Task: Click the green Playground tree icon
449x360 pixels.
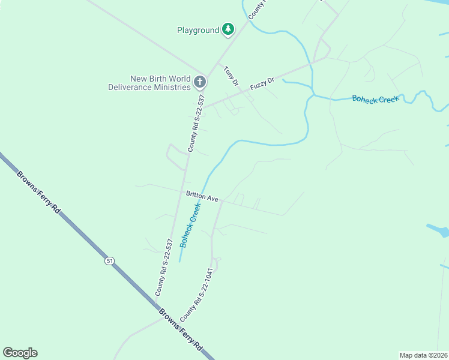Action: (x=228, y=29)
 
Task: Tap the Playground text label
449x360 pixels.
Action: (x=198, y=30)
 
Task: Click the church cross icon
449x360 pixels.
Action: (x=200, y=82)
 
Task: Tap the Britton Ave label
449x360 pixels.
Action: (x=202, y=196)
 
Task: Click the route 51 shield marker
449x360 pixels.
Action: (x=109, y=261)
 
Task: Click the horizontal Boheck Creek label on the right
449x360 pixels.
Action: (x=375, y=99)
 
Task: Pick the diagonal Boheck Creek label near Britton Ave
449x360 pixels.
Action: (x=191, y=223)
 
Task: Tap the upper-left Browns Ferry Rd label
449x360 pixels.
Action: (x=39, y=193)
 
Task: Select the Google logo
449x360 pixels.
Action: (x=20, y=353)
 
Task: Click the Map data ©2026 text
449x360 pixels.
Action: (x=423, y=355)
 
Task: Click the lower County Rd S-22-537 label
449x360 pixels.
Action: (x=164, y=268)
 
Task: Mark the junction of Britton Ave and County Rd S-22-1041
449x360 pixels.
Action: (x=222, y=201)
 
